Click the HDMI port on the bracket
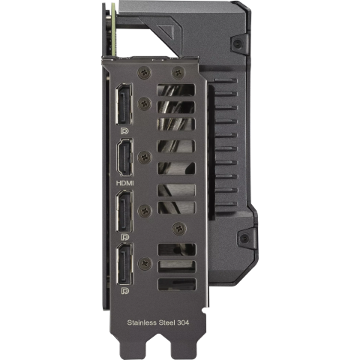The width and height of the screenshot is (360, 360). point(124,157)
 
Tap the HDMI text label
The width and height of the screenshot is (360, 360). point(125,183)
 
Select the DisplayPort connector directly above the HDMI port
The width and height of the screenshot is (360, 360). point(124,103)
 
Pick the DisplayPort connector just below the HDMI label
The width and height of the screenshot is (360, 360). point(124,211)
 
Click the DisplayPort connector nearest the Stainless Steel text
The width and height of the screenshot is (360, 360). point(124,264)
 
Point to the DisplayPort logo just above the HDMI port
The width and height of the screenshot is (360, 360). point(124,131)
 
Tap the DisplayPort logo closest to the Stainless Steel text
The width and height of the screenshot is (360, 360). point(125,291)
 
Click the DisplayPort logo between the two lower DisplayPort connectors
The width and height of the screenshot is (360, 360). point(124,237)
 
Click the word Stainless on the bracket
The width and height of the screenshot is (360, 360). point(142,322)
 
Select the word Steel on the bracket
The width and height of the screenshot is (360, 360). point(166,322)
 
